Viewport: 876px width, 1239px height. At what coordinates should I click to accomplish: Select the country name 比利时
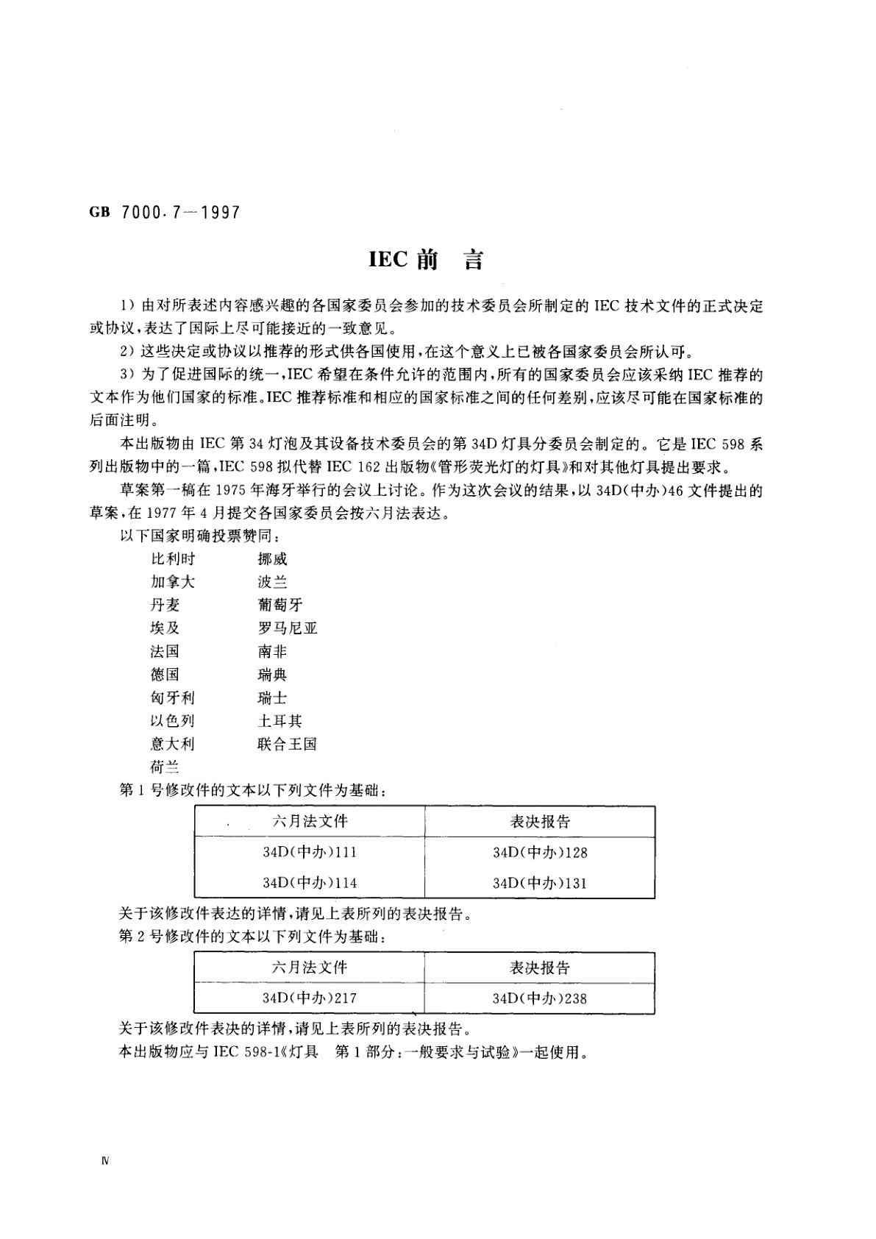pyautogui.click(x=172, y=559)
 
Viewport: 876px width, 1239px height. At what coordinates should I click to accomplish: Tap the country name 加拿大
pyautogui.click(x=172, y=582)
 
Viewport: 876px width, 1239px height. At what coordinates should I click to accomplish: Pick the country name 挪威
pyautogui.click(x=272, y=559)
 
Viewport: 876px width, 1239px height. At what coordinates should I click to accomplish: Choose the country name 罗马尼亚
pyautogui.click(x=287, y=628)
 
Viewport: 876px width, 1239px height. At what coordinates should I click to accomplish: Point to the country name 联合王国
pyautogui.click(x=287, y=744)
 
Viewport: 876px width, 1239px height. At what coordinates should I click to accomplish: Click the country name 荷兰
pyautogui.click(x=165, y=767)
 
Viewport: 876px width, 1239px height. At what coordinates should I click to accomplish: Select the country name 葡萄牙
pyautogui.click(x=279, y=605)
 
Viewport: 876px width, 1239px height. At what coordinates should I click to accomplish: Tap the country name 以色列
pyautogui.click(x=172, y=721)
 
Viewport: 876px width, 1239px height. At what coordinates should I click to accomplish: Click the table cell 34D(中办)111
pyautogui.click(x=310, y=853)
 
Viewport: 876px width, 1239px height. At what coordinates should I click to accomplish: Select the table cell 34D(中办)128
pyautogui.click(x=540, y=853)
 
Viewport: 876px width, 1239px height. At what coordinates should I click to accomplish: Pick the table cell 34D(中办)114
pyautogui.click(x=310, y=883)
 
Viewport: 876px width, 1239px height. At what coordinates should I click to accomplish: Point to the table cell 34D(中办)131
pyautogui.click(x=540, y=883)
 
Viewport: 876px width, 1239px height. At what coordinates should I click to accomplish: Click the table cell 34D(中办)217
pyautogui.click(x=310, y=998)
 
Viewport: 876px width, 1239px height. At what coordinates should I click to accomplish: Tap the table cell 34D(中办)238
pyautogui.click(x=540, y=998)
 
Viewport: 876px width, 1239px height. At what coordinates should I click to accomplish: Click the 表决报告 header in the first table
pyautogui.click(x=540, y=822)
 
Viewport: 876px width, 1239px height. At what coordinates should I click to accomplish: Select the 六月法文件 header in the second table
pyautogui.click(x=310, y=968)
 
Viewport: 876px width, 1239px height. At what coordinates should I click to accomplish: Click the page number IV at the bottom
pyautogui.click(x=104, y=1162)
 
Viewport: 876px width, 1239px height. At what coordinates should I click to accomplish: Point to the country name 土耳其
pyautogui.click(x=279, y=721)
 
